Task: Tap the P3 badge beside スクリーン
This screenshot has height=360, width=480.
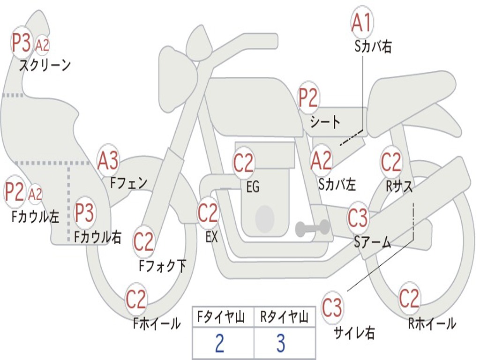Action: tap(21, 43)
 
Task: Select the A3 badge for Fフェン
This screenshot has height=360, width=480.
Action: tap(108, 161)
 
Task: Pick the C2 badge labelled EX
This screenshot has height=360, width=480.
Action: tap(208, 213)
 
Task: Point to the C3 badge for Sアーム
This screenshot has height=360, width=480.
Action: tap(358, 217)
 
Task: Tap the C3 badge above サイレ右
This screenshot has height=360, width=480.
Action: tap(332, 308)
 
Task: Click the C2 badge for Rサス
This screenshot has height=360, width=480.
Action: tap(391, 162)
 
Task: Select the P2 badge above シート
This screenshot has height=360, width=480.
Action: tap(308, 98)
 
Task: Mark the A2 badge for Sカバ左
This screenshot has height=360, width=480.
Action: tap(322, 160)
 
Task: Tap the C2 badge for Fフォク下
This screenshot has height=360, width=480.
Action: tap(143, 242)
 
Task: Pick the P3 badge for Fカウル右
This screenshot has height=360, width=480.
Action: tap(84, 213)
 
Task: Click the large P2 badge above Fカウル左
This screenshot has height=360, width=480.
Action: tap(15, 192)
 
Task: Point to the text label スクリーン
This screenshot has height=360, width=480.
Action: tap(45, 65)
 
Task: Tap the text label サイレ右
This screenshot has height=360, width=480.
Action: tap(355, 333)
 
